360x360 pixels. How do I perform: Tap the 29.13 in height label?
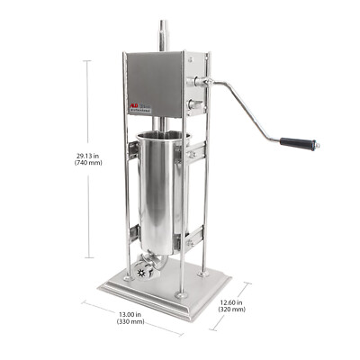click(87, 155)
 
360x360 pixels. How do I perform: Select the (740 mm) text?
click(87, 165)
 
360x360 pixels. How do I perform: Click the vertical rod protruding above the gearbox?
click(163, 36)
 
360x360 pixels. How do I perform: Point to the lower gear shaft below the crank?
click(192, 109)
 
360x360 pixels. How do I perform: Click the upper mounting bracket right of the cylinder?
click(192, 155)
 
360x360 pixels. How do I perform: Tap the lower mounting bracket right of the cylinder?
click(192, 238)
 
